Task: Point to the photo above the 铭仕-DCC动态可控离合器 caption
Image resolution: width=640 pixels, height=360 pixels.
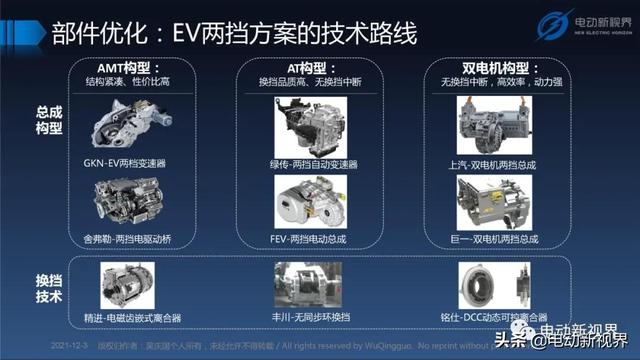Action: (485, 284)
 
